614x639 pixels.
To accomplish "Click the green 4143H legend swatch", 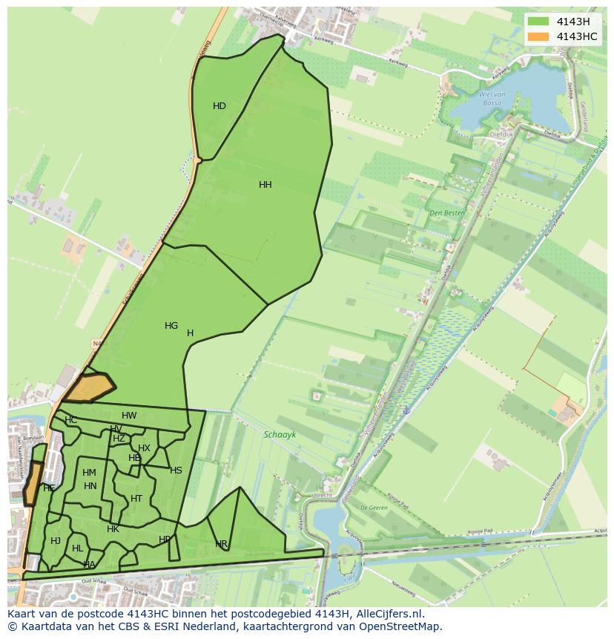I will click(x=538, y=22).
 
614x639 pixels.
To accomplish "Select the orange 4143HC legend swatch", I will click(x=538, y=36).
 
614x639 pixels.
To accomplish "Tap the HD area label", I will click(x=219, y=106).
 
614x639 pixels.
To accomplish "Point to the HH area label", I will click(x=265, y=185).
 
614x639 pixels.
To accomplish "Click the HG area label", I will click(x=171, y=326).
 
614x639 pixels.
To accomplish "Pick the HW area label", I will click(x=129, y=416).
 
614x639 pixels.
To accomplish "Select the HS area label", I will click(x=176, y=471).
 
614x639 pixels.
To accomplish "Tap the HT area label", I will click(x=136, y=499).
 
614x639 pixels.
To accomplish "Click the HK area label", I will click(x=113, y=529).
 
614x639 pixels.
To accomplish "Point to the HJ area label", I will click(x=56, y=541).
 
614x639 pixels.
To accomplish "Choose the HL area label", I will click(x=77, y=548).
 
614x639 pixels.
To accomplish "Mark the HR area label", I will click(x=222, y=544).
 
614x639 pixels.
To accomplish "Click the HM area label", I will click(x=89, y=473).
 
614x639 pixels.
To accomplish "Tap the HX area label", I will click(x=144, y=448).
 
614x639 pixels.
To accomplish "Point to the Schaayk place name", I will click(x=280, y=436).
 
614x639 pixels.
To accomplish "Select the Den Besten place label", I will click(x=447, y=213).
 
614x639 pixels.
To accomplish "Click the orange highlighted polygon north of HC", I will click(x=88, y=388).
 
